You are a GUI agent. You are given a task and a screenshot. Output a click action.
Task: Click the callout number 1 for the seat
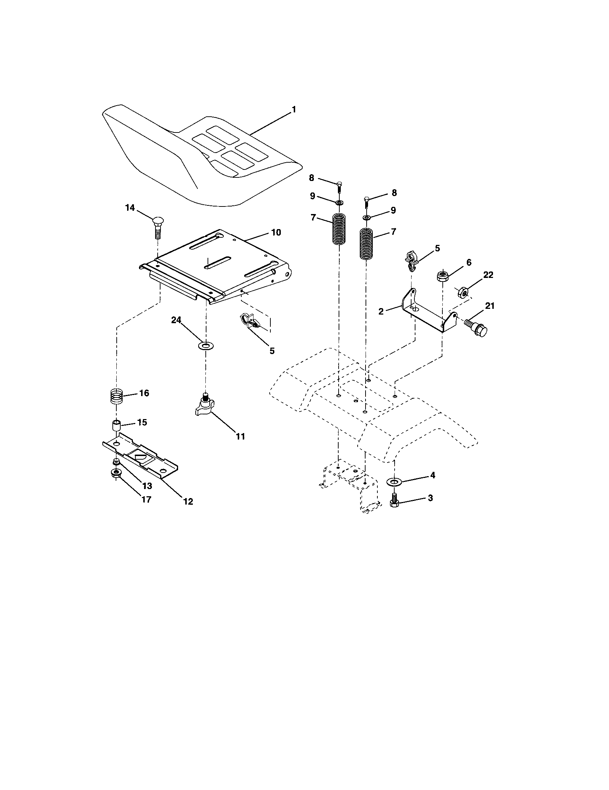294,110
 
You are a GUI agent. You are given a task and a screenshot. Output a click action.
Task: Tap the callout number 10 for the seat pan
276,233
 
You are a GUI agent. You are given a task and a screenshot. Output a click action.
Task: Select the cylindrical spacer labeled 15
116,426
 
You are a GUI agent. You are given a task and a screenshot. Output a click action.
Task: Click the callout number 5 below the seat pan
272,350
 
